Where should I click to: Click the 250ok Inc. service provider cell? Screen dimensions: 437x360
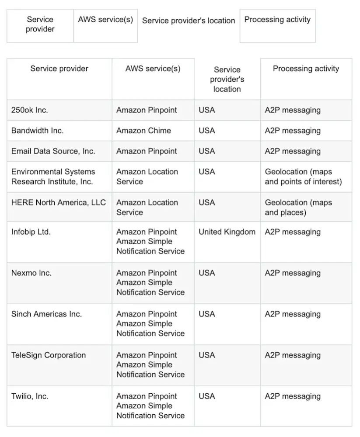tap(30, 110)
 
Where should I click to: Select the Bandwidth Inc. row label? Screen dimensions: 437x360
tap(37, 131)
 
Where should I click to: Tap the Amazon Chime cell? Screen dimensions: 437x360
tap(143, 131)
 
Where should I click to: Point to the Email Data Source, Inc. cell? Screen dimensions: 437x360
tap(53, 151)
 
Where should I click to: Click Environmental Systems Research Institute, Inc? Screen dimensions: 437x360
tap(53, 177)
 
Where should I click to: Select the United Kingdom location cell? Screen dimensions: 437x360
tap(227, 232)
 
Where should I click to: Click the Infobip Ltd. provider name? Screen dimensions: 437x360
tap(31, 232)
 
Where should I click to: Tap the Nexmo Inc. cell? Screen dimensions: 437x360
tap(31, 273)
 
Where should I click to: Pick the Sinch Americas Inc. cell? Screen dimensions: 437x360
tap(46, 314)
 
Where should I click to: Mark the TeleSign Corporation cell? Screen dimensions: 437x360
tap(49, 355)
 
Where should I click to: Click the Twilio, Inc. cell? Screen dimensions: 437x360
tap(30, 396)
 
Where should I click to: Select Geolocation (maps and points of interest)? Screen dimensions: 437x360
tap(303, 177)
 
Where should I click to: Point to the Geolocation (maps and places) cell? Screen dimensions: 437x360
tap(298, 207)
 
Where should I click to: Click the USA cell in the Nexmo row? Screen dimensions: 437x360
tap(207, 273)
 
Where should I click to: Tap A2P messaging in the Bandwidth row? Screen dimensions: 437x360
tap(293, 131)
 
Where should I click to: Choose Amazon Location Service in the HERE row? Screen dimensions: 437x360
tap(147, 207)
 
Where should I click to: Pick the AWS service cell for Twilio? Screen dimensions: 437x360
tap(150, 406)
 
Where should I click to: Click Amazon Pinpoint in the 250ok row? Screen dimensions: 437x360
tap(147, 110)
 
